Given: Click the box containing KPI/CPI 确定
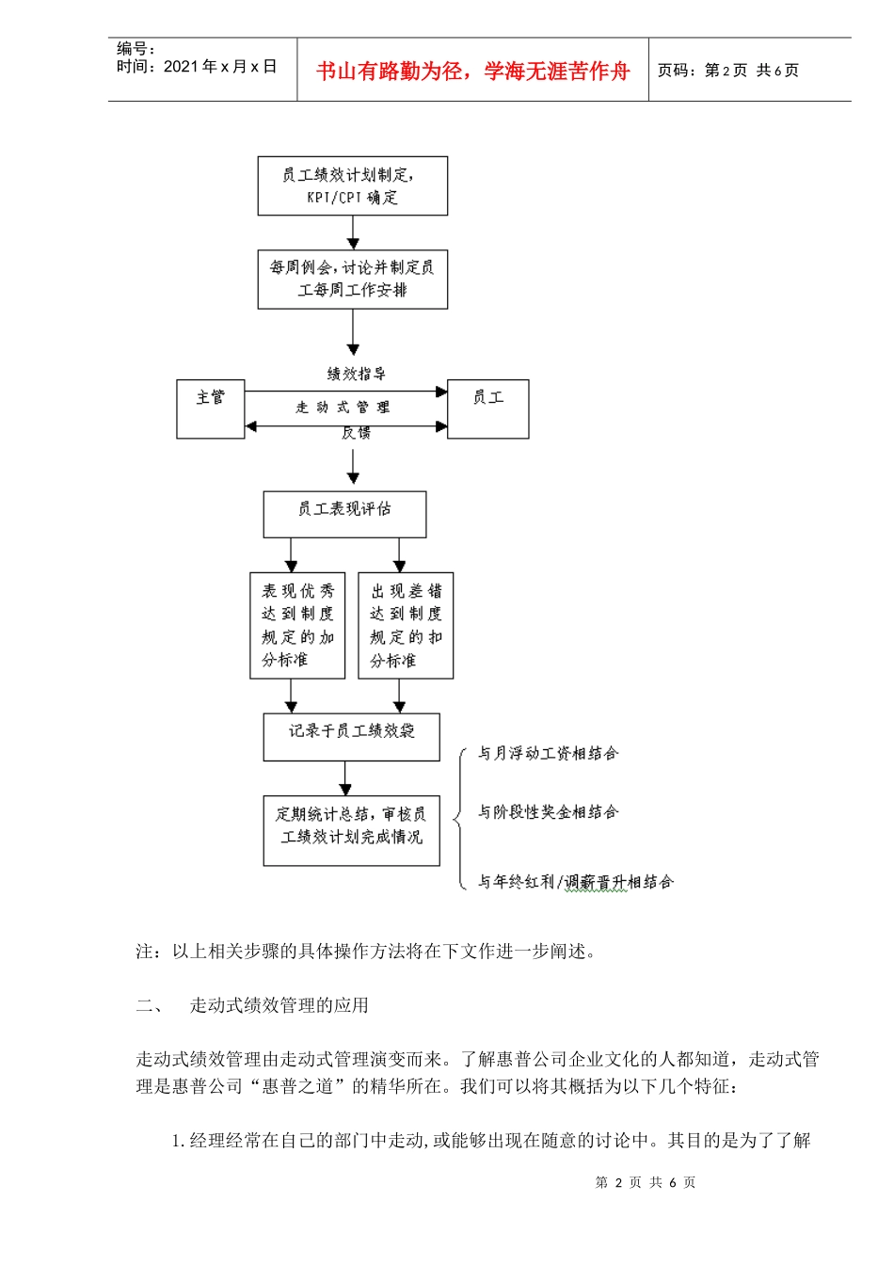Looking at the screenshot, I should [352, 186].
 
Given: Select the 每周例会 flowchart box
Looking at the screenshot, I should [352, 280].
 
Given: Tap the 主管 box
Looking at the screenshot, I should [211, 409].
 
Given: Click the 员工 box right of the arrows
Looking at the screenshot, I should [487, 409].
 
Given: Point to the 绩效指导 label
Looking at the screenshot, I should [356, 374].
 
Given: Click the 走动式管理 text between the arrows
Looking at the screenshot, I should [343, 408].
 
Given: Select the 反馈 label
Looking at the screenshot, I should [356, 433].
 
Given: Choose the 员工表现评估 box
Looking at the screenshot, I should [344, 515].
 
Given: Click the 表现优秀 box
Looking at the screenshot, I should [297, 626].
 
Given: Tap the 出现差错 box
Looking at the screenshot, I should [406, 626].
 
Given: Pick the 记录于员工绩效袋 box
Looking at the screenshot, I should [351, 737].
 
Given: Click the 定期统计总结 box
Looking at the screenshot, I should [351, 830].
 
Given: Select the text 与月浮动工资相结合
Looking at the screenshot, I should [548, 753].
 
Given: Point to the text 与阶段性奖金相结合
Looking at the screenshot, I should [548, 811].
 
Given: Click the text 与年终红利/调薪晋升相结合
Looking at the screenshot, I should [575, 882].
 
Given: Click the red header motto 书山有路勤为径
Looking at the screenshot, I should [472, 71].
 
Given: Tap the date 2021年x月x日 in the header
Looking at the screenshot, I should [220, 67].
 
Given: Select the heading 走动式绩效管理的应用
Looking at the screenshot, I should [279, 1005].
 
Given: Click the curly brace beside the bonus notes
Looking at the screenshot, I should [460, 817].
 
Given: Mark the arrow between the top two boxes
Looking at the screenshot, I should [353, 232].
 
